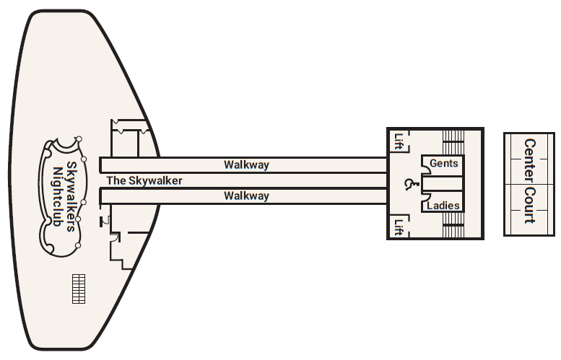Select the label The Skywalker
point(144,180)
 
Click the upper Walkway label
point(246,164)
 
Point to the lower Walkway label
point(246,196)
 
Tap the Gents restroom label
point(443,164)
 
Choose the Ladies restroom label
point(443,206)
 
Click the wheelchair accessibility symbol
point(409,185)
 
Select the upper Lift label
point(398,141)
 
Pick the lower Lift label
point(398,227)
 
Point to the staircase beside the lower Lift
point(452,230)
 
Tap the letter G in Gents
point(433,164)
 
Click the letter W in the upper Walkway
point(228,164)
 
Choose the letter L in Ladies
point(430,206)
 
